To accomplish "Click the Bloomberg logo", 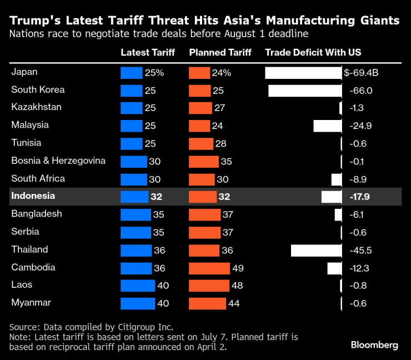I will [374, 345].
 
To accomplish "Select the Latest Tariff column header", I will [148, 53].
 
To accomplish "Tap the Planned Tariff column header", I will [220, 53].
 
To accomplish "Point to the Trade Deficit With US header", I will [313, 53].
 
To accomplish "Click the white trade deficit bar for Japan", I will [303, 73].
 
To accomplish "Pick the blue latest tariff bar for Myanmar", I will [138, 303].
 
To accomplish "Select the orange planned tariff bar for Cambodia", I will [209, 268].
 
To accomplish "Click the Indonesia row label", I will [33, 196].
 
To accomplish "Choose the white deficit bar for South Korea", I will [305, 91].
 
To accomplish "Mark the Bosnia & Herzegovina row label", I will [58, 161].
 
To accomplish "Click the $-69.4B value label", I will [362, 73].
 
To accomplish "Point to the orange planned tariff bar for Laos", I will [209, 286].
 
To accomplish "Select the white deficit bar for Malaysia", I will [328, 126].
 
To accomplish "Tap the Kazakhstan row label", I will [36, 107].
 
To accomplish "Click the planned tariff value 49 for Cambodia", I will [238, 268].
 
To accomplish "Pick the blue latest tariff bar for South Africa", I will [134, 179].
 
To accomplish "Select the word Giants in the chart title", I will [376, 21].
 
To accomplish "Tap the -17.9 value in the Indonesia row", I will [360, 197].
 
